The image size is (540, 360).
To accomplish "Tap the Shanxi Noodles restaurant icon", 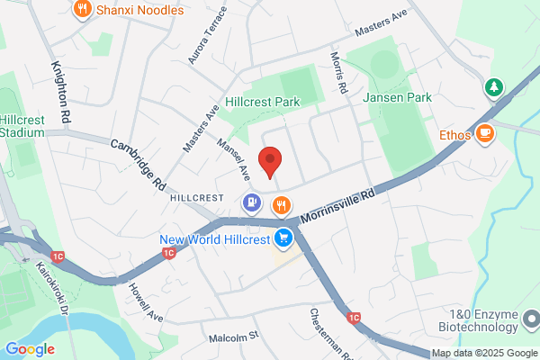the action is click(x=83, y=11).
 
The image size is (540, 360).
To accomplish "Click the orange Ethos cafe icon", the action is click(x=485, y=134).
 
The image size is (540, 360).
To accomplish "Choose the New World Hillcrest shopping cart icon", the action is click(x=284, y=238).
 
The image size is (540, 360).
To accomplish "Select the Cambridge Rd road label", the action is click(x=139, y=163).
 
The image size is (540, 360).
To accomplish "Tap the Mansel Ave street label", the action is click(x=232, y=156).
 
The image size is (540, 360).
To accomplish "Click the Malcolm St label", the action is click(x=233, y=336).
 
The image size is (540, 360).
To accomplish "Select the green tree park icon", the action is click(x=493, y=87).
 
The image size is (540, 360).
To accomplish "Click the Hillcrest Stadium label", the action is click(x=22, y=126).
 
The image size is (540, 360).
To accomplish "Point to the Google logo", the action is click(x=30, y=348).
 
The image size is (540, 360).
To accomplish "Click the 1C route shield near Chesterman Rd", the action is click(x=354, y=318).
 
